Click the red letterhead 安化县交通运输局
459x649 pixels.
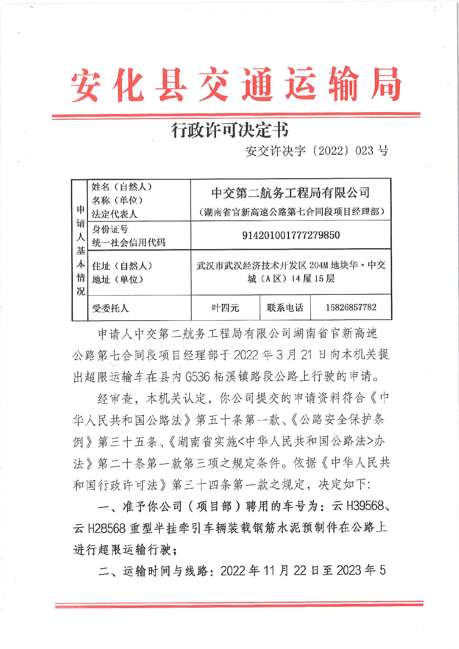pos(236,85)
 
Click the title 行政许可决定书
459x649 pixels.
pos(230,130)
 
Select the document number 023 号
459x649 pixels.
pos(372,151)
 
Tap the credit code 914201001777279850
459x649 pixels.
pos(291,235)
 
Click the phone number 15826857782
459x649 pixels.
pos(351,307)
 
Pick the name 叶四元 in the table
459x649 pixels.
pos(225,307)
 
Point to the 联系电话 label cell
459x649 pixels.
pos(285,307)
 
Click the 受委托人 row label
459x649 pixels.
pos(110,308)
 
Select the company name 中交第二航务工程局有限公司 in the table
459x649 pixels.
pos(291,193)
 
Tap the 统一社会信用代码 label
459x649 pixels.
pos(129,243)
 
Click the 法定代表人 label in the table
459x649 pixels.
pos(114,214)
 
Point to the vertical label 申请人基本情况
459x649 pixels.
pos(81,250)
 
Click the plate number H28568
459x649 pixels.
pos(107,528)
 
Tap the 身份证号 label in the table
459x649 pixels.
pos(110,229)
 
